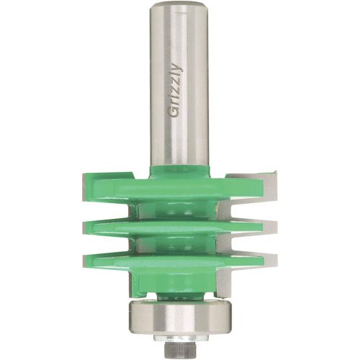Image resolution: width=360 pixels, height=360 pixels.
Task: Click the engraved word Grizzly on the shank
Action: coord(176,91)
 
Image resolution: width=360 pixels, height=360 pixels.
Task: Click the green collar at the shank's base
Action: coord(180,171)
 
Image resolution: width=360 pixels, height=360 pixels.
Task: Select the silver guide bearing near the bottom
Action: coord(180,318)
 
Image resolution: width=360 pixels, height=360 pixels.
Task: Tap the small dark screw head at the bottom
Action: coord(180,351)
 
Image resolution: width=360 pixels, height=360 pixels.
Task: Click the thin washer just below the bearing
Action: coord(180,338)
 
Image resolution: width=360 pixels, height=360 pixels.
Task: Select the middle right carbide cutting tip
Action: coord(271,228)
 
